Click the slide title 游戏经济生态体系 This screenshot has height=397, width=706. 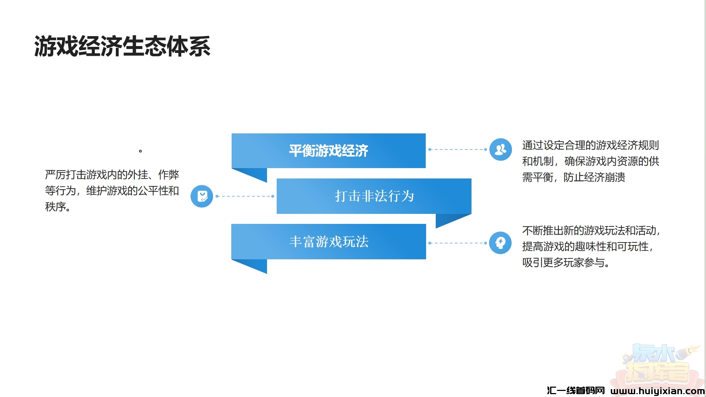122,46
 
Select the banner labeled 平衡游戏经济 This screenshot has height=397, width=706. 329,151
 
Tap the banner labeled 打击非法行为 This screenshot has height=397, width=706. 374,196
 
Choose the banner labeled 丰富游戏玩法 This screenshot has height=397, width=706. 329,241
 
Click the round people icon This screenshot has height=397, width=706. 500,150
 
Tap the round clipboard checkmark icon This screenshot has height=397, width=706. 202,196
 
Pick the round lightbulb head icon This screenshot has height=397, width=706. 500,243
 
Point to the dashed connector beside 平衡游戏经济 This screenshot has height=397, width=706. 458,150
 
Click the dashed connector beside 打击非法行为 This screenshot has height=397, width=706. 245,196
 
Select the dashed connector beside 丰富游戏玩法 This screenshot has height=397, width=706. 458,243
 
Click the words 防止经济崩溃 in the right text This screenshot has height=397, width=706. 594,177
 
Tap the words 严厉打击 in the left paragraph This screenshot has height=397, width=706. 65,175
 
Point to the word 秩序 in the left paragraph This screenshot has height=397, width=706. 55,207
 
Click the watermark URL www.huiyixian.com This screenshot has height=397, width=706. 657,391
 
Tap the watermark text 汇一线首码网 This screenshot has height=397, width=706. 576,391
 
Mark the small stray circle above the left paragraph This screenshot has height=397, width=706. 140,151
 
